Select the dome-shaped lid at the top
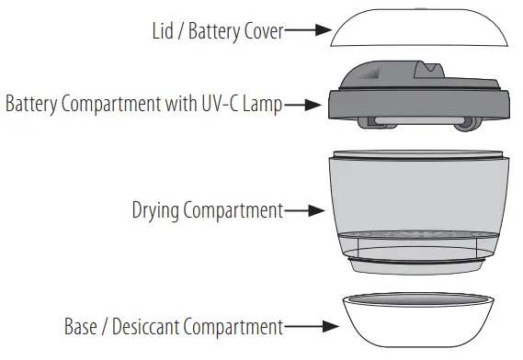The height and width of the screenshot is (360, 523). click(x=417, y=28)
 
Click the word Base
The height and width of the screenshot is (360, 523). click(x=81, y=325)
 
